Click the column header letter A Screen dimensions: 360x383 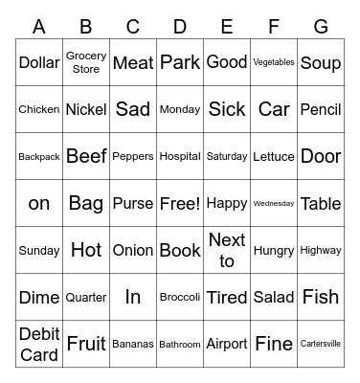point(39,27)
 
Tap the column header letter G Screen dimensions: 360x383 point(321,27)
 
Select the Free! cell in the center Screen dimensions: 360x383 point(180,203)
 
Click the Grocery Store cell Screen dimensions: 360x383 point(86,62)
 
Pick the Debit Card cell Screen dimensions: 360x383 point(39,344)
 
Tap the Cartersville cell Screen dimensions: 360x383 point(321,344)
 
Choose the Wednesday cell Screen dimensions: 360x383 point(274,203)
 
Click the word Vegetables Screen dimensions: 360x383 point(274,62)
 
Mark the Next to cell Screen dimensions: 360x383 point(227,250)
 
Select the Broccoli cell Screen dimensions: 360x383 point(180,297)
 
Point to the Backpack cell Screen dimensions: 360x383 point(39,156)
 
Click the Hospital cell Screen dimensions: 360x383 point(180,156)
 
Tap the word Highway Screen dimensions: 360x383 point(321,250)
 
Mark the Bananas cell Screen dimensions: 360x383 point(133,344)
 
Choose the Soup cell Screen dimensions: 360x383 point(321,62)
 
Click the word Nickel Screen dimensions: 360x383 point(86,109)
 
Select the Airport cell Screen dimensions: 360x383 point(227,344)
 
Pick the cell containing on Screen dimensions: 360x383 point(39,203)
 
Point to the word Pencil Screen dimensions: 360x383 point(321,109)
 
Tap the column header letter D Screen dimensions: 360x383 point(180,27)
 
